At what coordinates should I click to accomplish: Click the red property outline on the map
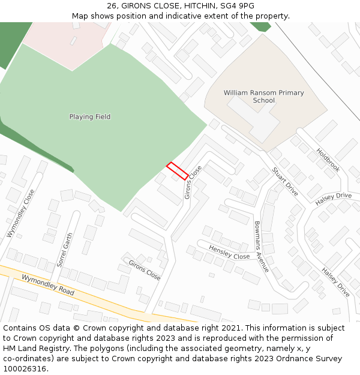[177, 171]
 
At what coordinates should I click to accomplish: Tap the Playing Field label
[90, 117]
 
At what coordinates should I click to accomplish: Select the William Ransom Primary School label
[263, 97]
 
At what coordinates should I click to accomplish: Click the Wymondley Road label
[47, 284]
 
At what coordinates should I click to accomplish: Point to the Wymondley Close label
[21, 214]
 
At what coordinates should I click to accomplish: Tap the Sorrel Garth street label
[64, 250]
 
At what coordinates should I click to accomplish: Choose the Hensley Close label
[229, 252]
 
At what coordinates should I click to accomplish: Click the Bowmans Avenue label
[262, 247]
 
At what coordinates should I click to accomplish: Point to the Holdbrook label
[328, 160]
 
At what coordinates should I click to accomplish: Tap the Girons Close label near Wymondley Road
[145, 270]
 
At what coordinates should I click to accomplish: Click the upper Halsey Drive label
[334, 199]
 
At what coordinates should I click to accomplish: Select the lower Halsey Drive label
[335, 282]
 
